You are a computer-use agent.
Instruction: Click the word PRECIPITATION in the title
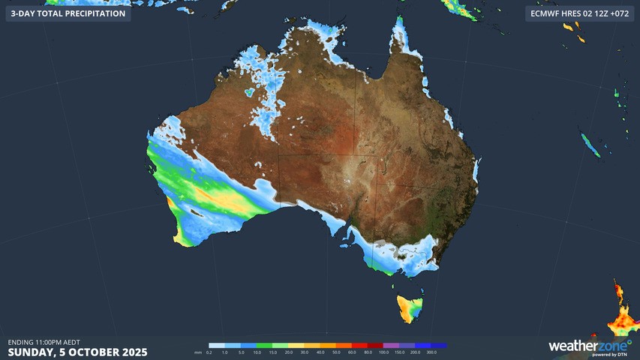point(89,13)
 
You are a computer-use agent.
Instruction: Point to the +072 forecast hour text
point(619,13)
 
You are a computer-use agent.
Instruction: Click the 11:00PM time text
point(51,342)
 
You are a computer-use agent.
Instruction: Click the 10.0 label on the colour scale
point(257,352)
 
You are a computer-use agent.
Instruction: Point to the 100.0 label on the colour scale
point(384,352)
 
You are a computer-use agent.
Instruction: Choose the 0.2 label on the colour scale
point(209,352)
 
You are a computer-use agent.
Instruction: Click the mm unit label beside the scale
point(198,352)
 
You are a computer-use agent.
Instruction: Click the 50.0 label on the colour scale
point(335,352)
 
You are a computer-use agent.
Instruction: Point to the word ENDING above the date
point(21,342)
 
